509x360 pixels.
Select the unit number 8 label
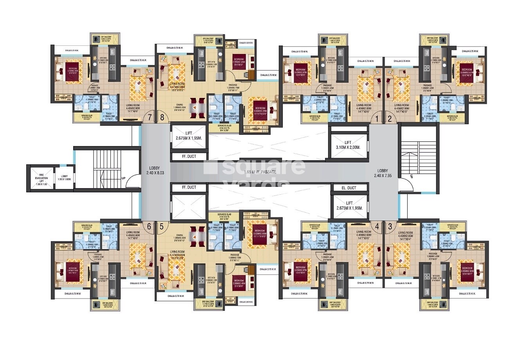point(162,117)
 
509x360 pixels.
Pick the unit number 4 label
point(377,226)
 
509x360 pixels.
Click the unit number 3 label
point(390,226)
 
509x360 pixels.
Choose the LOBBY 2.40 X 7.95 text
point(384,173)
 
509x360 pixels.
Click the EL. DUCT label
point(347,188)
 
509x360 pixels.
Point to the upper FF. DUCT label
point(189,157)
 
